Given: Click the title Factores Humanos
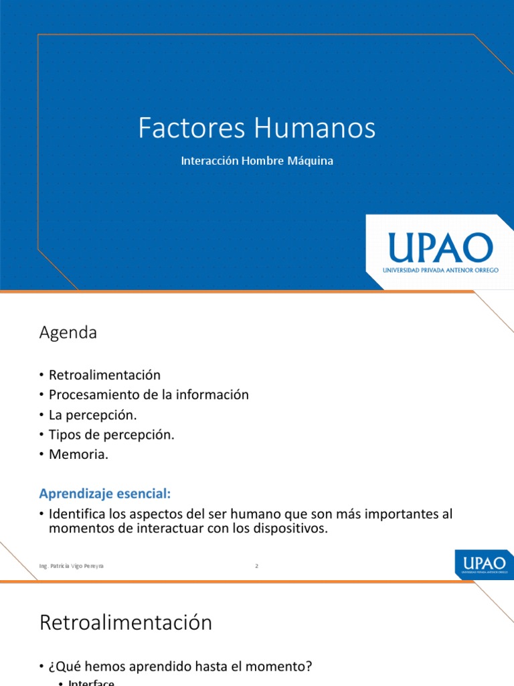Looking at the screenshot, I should [x=257, y=128].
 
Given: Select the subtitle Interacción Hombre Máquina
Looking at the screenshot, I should [x=257, y=161].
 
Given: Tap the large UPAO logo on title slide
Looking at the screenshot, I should [x=440, y=249].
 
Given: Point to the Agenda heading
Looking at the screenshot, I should [x=68, y=332].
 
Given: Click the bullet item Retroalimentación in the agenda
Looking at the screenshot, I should [x=104, y=375].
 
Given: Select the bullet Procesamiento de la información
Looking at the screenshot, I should [x=149, y=395].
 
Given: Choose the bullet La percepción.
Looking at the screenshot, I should [x=92, y=415].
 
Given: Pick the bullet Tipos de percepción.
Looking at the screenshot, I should [x=111, y=434].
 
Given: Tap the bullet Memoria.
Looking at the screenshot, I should [x=78, y=454].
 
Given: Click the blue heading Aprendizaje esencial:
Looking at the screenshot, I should [x=106, y=494].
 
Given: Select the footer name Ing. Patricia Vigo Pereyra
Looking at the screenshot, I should [x=72, y=566].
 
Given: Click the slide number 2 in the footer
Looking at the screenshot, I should [x=256, y=566].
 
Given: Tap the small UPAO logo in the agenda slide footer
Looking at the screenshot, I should [x=484, y=563].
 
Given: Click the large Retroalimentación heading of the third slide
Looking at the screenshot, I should [x=126, y=622].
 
